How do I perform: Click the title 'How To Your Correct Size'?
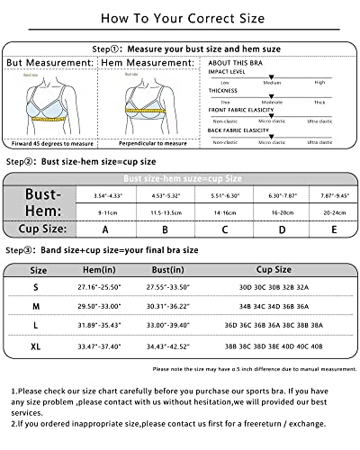[x=180, y=17]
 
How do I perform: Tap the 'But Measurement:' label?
[x=49, y=63]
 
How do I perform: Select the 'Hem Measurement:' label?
[x=146, y=63]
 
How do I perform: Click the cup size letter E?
[x=334, y=229]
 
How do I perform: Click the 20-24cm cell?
[x=334, y=212]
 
